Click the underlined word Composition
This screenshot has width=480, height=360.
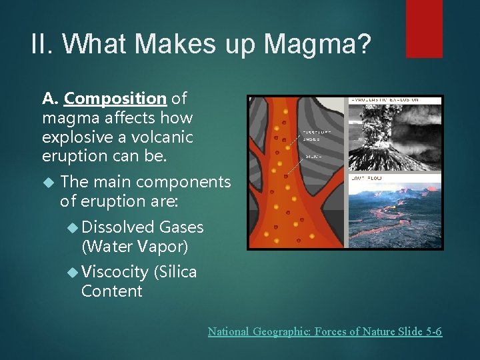click(115, 99)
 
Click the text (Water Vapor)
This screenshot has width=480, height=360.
click(135, 247)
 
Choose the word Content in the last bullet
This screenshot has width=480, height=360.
click(111, 291)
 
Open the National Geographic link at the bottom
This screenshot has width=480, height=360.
click(325, 331)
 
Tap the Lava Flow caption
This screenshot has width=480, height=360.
click(364, 179)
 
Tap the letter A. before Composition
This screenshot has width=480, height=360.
click(51, 99)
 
